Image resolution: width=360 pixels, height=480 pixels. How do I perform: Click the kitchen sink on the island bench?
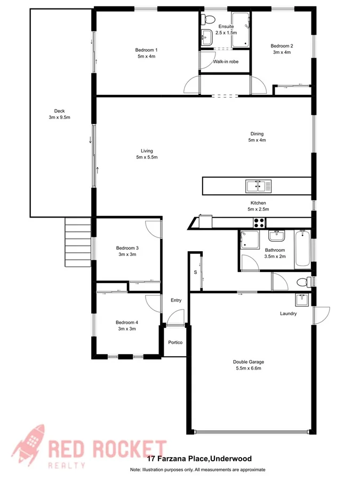pos(259,186)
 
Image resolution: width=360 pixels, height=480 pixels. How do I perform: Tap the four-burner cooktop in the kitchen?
pos(260,222)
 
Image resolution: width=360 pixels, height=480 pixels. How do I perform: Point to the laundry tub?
pos(302,299)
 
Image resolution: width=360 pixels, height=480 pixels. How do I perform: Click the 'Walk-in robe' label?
pos(225,62)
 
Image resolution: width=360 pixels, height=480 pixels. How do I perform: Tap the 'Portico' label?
pos(175,342)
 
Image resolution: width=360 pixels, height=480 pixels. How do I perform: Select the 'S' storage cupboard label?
pos(195,273)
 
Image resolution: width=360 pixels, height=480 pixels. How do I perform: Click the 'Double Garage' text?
pos(249,362)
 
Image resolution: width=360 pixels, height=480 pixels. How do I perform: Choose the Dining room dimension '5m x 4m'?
pos(257,140)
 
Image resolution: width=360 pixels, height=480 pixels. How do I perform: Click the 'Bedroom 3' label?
pos(127,248)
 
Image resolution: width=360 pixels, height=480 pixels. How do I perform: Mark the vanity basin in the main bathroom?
pos(276,236)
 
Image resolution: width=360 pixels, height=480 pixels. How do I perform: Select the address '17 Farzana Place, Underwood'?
pos(199,458)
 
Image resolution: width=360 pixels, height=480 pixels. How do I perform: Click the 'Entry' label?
pos(176,300)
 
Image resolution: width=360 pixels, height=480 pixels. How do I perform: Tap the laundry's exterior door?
pos(321,315)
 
